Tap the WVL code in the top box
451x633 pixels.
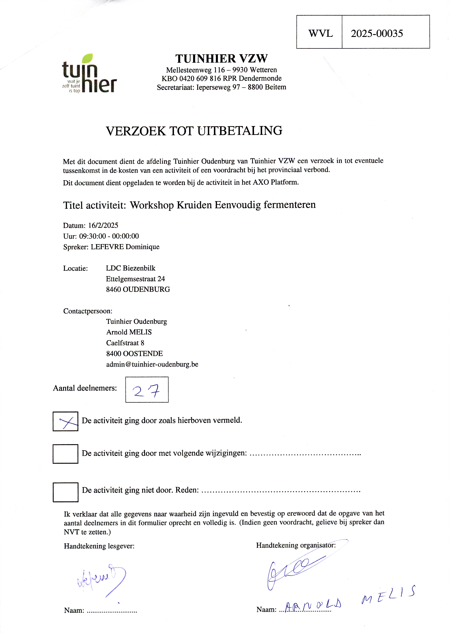pos(320,33)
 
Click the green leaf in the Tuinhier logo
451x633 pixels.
pos(87,58)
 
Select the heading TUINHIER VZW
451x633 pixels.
pos(221,58)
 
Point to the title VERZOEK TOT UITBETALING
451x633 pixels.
pos(194,131)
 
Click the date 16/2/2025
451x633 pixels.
pos(103,225)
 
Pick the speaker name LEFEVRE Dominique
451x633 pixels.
pos(125,247)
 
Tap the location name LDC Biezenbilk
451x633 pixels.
pos(131,268)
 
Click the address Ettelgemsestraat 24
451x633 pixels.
pos(135,279)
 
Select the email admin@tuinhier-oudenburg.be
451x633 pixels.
pos(152,364)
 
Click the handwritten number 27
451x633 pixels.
pos(146,391)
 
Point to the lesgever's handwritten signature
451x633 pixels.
pos(101,578)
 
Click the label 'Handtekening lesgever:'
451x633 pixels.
pos(99,546)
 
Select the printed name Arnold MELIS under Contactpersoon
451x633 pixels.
pos(129,332)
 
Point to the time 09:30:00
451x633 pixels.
pos(92,236)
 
